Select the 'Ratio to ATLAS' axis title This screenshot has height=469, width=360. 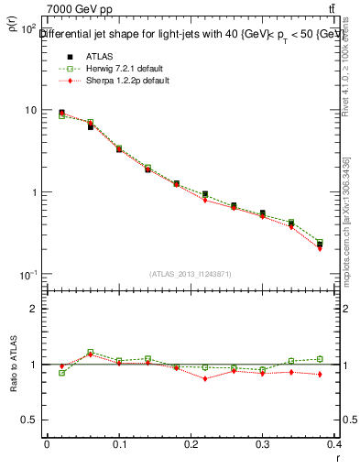15,364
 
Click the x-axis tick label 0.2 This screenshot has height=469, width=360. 191,444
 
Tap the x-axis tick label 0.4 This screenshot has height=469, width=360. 335,444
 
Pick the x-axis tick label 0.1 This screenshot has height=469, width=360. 118,444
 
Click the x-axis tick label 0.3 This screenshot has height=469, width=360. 263,444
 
